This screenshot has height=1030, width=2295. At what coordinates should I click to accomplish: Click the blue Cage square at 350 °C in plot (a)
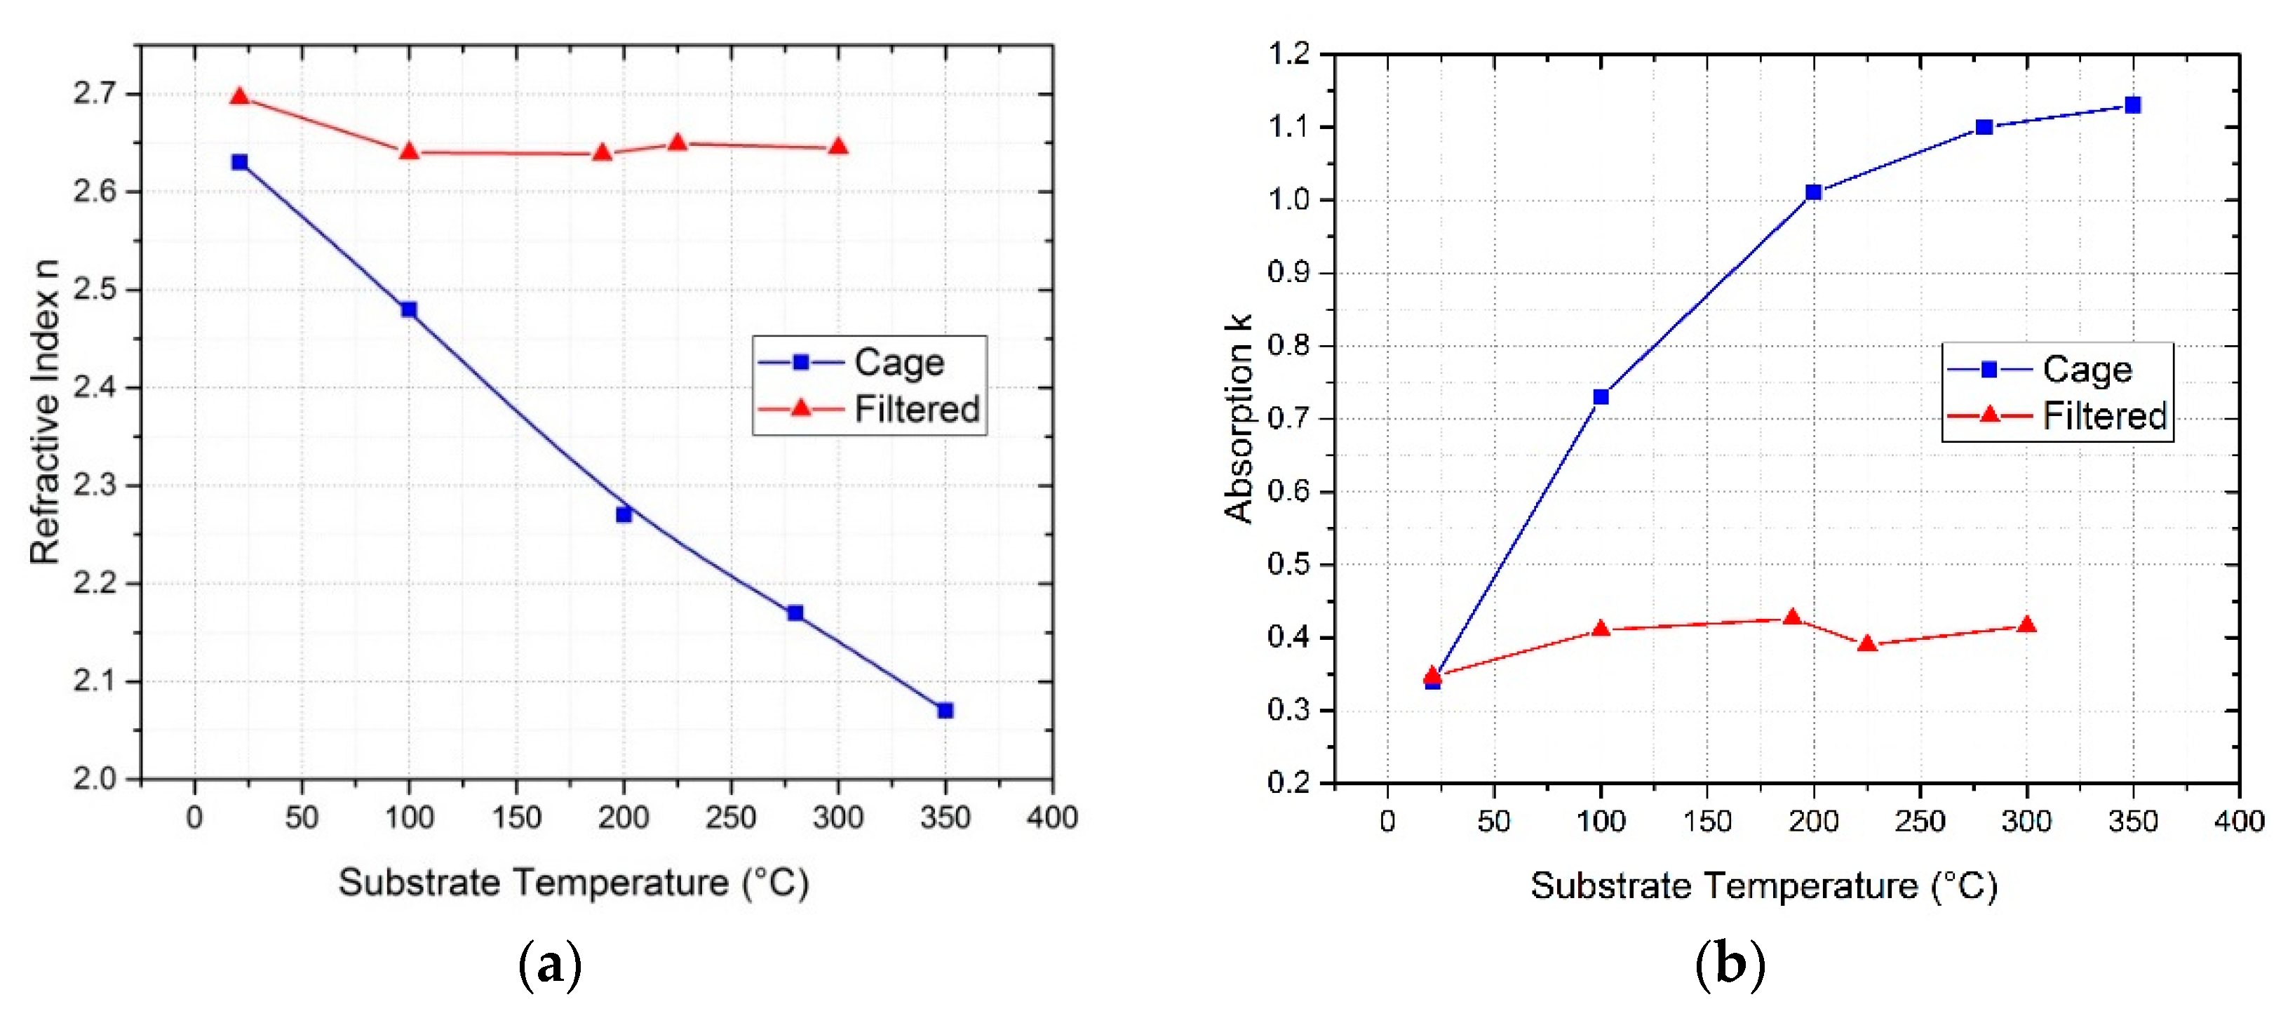pyautogui.click(x=945, y=710)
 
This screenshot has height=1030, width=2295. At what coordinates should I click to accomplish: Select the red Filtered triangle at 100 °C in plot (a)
pyautogui.click(x=409, y=152)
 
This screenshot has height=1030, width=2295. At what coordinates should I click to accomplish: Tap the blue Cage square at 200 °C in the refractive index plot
pyautogui.click(x=624, y=514)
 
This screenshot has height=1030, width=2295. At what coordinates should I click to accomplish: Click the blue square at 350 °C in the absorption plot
pyautogui.click(x=2133, y=105)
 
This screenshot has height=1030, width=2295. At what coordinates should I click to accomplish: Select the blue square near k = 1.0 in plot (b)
pyautogui.click(x=1813, y=192)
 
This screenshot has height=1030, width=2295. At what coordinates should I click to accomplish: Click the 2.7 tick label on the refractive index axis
pyautogui.click(x=95, y=93)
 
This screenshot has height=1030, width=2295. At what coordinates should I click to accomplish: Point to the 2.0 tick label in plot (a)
pyautogui.click(x=95, y=778)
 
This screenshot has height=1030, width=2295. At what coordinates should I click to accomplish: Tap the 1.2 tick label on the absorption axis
pyautogui.click(x=1289, y=53)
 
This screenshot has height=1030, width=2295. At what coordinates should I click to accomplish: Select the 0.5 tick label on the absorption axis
pyautogui.click(x=1289, y=564)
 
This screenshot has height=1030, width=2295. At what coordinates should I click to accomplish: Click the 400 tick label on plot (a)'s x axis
pyautogui.click(x=1052, y=817)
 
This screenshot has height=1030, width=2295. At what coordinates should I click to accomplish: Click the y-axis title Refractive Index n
pyautogui.click(x=45, y=412)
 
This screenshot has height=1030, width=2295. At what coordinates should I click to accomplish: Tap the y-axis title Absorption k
pyautogui.click(x=1239, y=419)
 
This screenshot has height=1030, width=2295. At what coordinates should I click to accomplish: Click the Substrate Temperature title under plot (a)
pyautogui.click(x=573, y=883)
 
